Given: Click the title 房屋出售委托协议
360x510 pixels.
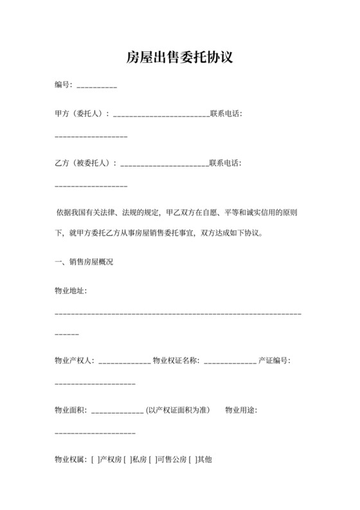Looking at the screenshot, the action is (179, 59).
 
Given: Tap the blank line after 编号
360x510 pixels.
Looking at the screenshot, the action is (97, 87).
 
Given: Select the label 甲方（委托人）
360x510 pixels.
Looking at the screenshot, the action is (82, 114).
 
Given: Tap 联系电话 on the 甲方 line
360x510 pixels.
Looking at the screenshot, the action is (226, 114).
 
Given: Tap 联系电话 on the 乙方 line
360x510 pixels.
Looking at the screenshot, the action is (226, 163).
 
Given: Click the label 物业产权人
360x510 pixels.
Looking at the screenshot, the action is (75, 360).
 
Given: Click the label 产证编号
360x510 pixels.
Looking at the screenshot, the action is (274, 360).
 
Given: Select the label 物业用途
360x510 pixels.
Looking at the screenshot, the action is (242, 410).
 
